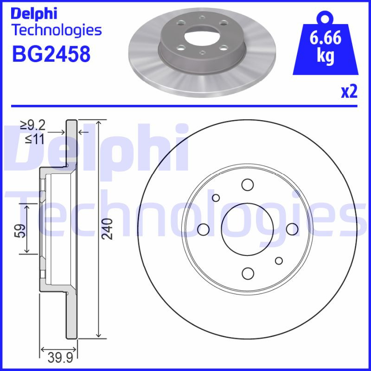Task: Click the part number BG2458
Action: point(51,54)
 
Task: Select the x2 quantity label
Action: point(349,92)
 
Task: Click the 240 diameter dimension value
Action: point(108,228)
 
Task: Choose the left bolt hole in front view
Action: point(203,229)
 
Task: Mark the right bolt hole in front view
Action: point(292,229)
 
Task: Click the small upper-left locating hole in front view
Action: point(216,198)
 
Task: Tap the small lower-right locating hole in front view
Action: point(279,260)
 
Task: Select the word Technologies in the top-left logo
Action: point(56,31)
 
